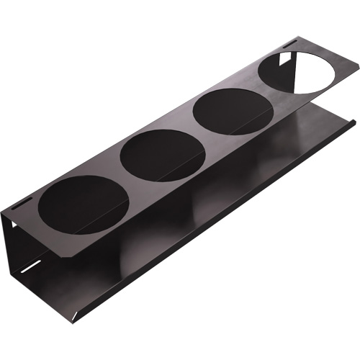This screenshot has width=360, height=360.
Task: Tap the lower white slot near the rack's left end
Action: [31, 268]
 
